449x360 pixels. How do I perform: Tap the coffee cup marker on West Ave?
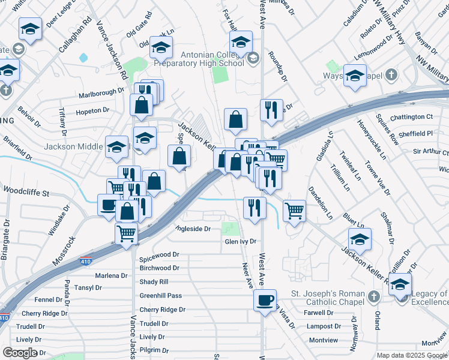click(x=264, y=300)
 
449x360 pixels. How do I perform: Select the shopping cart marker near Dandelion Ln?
click(x=294, y=211)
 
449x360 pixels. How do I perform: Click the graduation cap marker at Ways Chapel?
click(x=355, y=76)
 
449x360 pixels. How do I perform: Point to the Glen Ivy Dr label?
click(x=240, y=241)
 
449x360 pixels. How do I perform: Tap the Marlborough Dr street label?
click(x=101, y=95)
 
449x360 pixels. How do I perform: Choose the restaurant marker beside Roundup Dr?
click(x=271, y=110)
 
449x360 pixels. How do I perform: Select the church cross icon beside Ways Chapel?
click(x=391, y=76)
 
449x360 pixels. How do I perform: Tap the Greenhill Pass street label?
click(x=160, y=296)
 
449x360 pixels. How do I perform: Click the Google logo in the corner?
click(x=20, y=352)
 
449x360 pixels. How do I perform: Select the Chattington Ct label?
click(x=411, y=116)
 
